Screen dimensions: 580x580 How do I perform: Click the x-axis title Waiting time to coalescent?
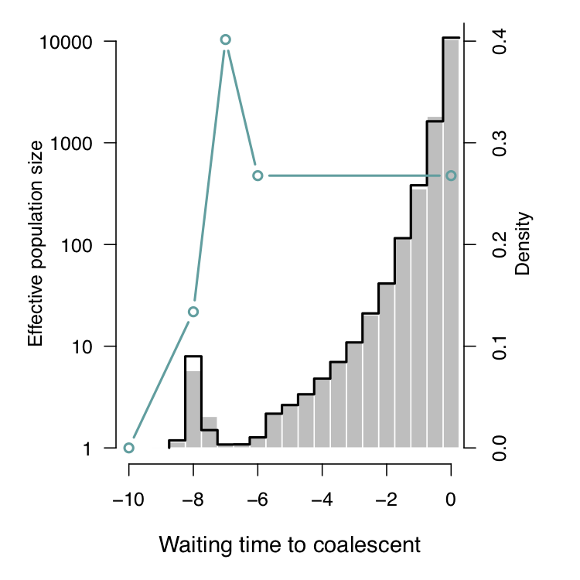tap(289, 544)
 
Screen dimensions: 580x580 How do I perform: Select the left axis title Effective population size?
tap(35, 244)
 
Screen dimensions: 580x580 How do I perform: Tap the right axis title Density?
tap(524, 244)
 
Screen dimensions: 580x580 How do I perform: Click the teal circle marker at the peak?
tap(225, 39)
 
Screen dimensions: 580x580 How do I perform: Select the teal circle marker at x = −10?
tap(129, 448)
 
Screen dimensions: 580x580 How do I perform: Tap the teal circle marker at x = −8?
tap(193, 312)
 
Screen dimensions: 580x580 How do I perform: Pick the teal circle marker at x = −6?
tap(258, 176)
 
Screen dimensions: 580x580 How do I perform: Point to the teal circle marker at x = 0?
tap(452, 176)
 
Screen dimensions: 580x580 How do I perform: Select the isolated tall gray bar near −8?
tap(193, 410)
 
